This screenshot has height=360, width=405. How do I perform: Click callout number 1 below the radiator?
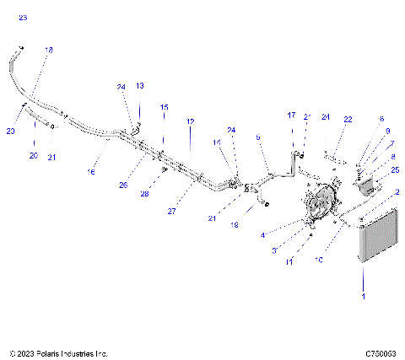tap(364, 298)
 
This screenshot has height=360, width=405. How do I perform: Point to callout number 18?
tap(48, 51)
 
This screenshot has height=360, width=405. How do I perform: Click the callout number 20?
tap(34, 155)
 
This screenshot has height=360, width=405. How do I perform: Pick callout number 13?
tap(140, 86)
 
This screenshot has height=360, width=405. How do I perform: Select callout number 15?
tap(164, 107)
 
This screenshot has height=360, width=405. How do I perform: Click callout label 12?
tap(191, 121)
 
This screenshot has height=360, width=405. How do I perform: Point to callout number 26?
tap(124, 185)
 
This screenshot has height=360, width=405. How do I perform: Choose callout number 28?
tap(144, 194)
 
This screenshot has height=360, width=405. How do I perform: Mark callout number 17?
tap(292, 115)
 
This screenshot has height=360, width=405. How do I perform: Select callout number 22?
tap(348, 120)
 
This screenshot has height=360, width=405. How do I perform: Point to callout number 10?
tap(319, 261)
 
